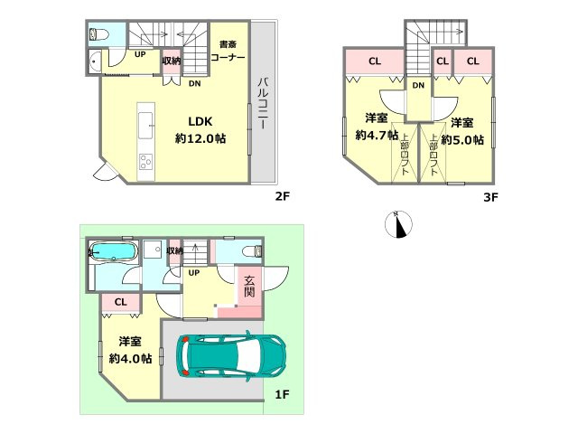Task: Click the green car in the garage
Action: point(231,356)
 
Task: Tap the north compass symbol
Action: point(398,224)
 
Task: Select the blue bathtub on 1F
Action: point(114,251)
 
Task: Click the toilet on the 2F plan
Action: point(99,34)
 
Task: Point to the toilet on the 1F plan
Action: point(253,251)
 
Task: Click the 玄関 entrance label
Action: point(249,287)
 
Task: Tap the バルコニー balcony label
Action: point(263,103)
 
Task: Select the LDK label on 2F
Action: point(200,121)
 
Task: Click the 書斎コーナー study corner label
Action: point(228,51)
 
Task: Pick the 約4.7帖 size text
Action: point(377,135)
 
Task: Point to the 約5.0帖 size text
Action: point(462,139)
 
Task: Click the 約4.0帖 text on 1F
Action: point(130,358)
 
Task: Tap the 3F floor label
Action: point(490,197)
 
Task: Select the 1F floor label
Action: point(282,394)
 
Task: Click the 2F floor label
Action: point(283,196)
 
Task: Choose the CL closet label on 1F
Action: point(120,302)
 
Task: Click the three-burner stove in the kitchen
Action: point(146,162)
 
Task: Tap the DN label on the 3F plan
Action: point(418,86)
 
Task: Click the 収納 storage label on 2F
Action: point(172,61)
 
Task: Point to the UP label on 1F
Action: point(194,273)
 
